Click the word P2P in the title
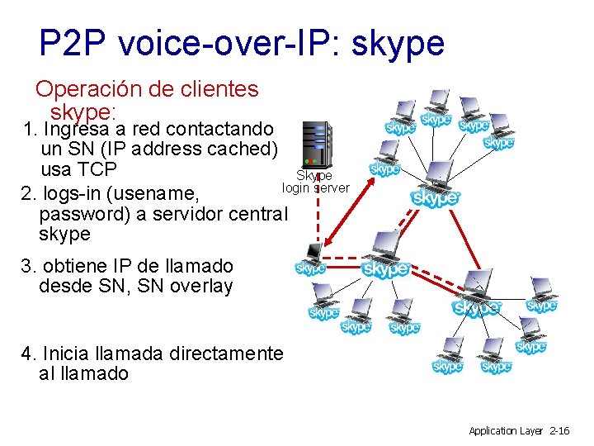pos(73,43)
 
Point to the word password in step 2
pos(78,213)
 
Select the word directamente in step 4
pos(225,353)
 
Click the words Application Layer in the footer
pos(504,430)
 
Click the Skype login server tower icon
pos(317,143)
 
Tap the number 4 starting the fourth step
pos(28,353)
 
